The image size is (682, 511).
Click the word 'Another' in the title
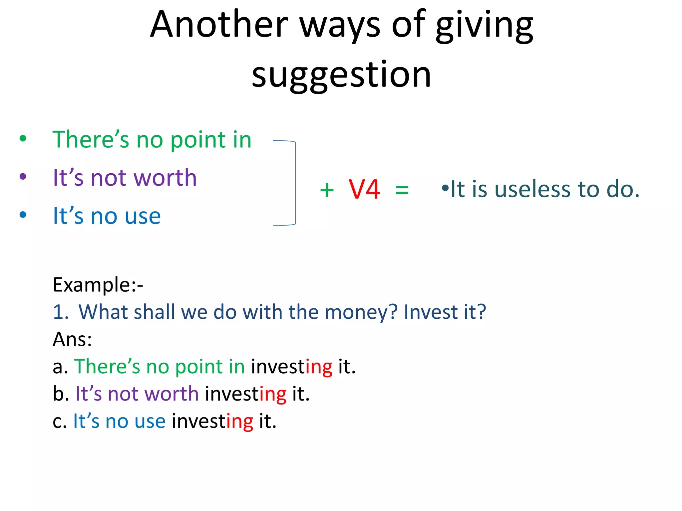click(219, 25)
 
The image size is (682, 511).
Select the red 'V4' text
click(364, 189)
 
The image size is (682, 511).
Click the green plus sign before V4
click(327, 190)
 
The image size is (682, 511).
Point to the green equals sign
click(402, 190)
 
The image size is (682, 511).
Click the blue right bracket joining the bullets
click(295, 183)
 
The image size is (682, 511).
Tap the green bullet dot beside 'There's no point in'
click(23, 138)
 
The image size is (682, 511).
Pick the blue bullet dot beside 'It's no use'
click(23, 215)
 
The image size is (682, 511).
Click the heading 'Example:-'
click(98, 285)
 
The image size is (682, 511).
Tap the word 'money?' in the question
click(361, 312)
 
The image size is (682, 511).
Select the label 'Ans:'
click(72, 339)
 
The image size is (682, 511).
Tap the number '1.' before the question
click(61, 312)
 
